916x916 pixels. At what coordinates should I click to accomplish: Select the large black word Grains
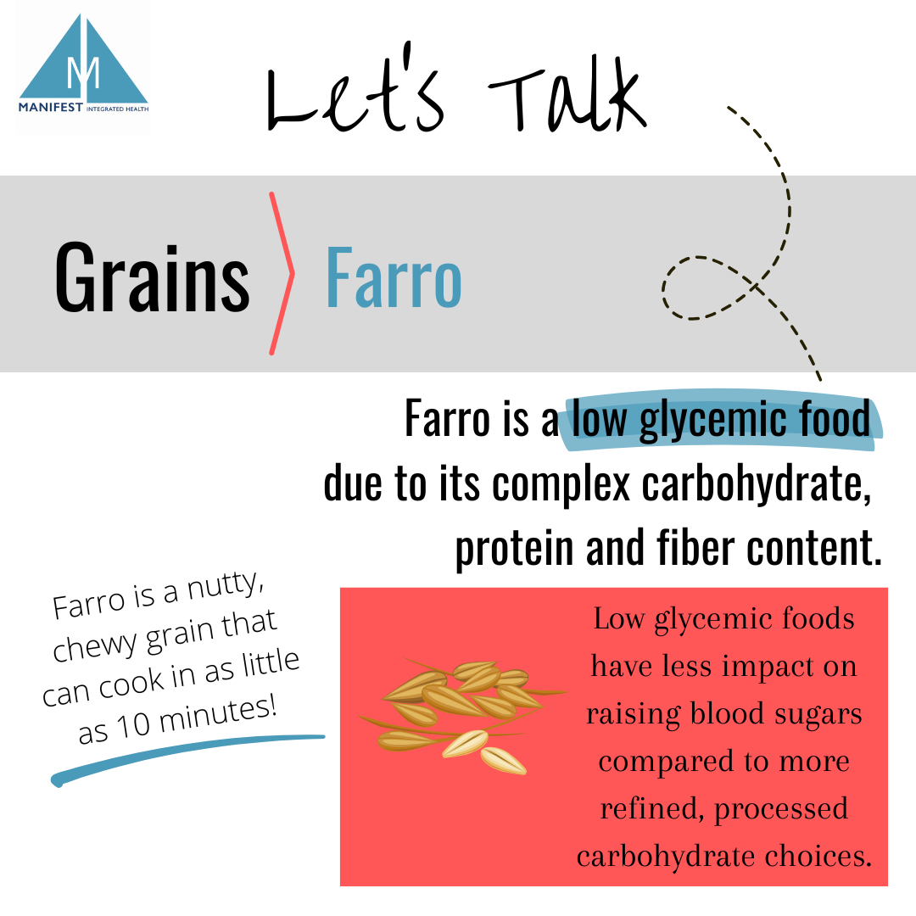(x=152, y=276)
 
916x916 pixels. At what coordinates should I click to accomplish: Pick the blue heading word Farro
(x=394, y=276)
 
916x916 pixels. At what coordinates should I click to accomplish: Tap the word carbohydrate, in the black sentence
(x=756, y=485)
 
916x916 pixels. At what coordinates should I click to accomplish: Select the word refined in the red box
(x=651, y=809)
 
